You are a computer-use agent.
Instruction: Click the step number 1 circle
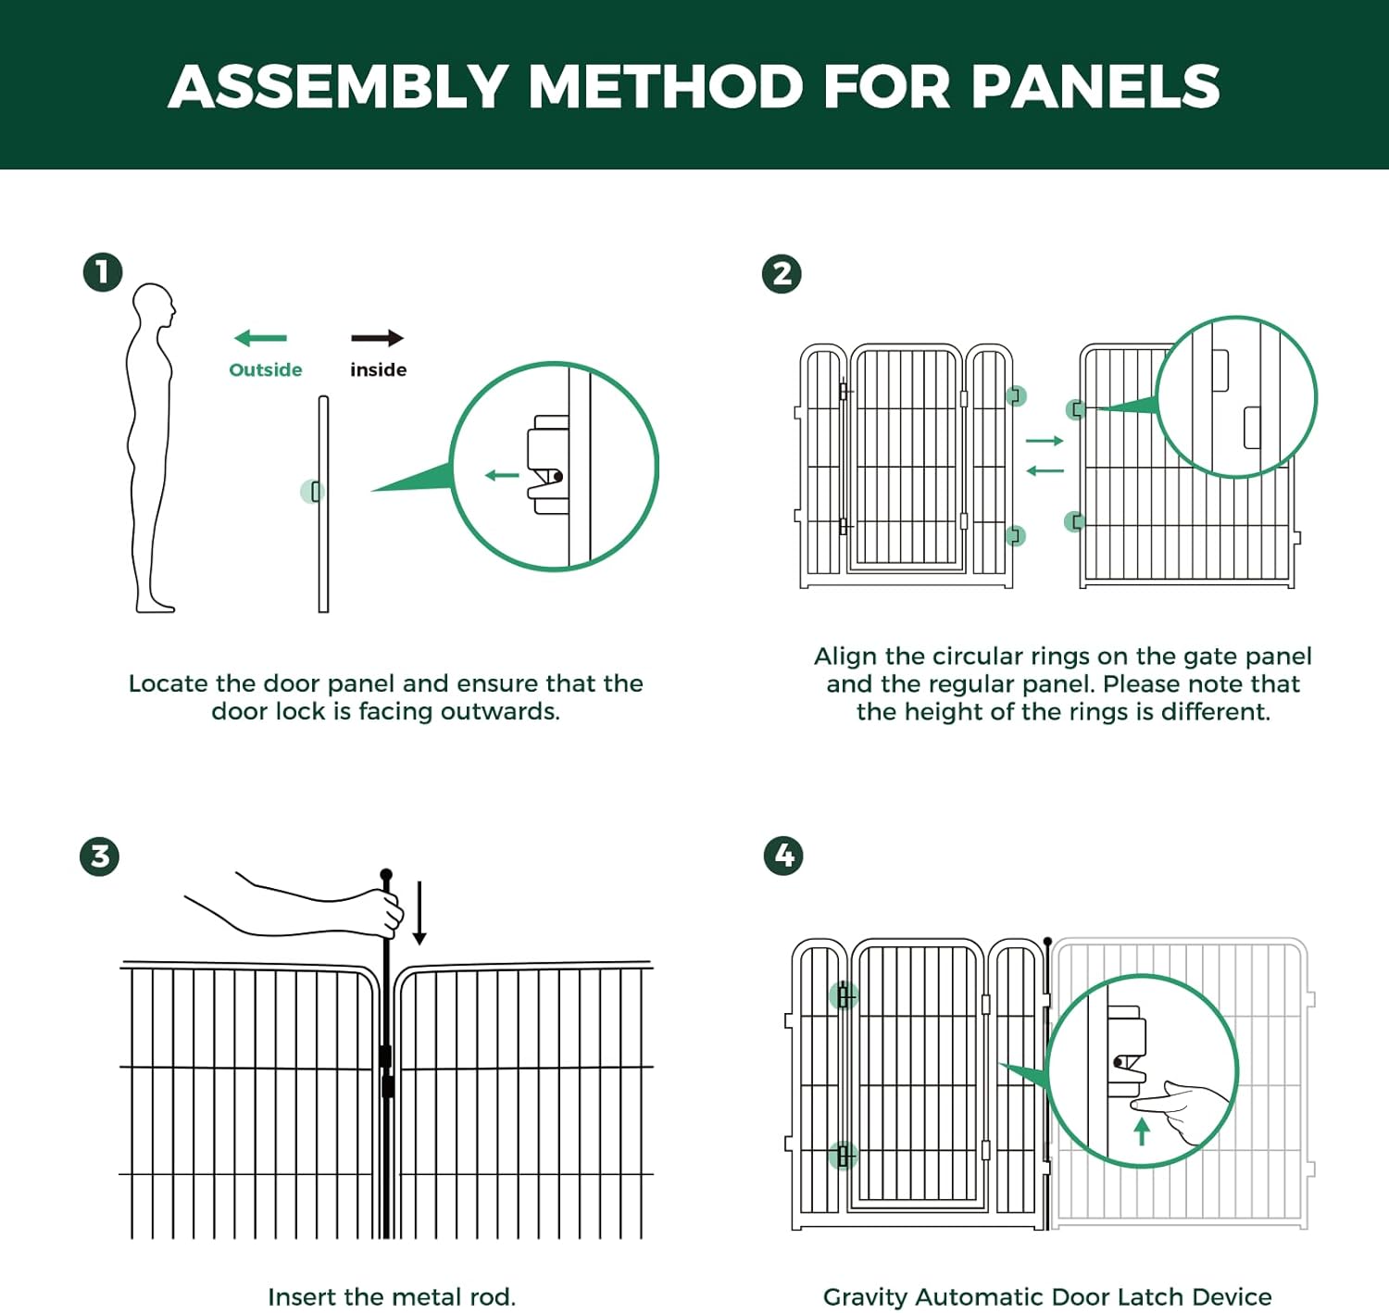click(103, 272)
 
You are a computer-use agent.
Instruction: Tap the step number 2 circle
click(782, 274)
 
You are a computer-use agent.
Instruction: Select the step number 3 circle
click(99, 856)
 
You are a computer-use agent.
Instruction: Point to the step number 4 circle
click(783, 856)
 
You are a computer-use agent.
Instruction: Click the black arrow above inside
click(377, 339)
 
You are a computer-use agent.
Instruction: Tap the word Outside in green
click(265, 370)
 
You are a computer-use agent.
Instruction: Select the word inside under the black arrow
click(378, 370)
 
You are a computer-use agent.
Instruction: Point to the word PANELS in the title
click(1095, 87)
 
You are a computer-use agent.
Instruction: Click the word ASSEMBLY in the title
click(338, 87)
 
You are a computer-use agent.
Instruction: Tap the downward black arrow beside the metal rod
click(419, 913)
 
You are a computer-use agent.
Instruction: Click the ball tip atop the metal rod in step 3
click(386, 875)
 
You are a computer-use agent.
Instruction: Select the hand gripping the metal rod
click(384, 912)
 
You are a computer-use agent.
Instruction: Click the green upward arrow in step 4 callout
click(1142, 1131)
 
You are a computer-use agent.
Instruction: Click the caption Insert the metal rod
click(392, 1297)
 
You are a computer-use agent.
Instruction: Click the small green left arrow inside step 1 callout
click(502, 476)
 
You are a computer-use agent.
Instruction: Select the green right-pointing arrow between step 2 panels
click(1045, 441)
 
